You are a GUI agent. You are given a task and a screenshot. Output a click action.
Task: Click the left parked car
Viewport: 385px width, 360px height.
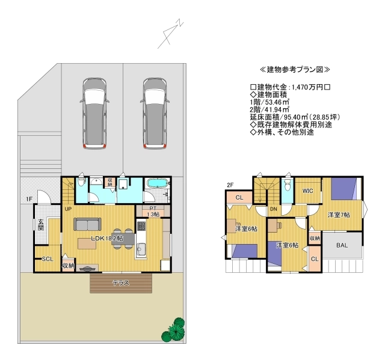[94, 114]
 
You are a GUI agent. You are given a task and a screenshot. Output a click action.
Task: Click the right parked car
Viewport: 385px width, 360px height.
[155, 114]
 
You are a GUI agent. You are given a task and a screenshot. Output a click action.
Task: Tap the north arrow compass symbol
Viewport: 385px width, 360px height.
[170, 35]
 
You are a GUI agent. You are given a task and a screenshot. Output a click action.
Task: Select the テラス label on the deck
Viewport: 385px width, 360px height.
[121, 283]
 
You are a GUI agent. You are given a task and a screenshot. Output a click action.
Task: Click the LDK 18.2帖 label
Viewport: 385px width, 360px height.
[107, 238]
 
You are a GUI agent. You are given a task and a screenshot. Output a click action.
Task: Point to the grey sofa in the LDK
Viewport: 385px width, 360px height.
[87, 224]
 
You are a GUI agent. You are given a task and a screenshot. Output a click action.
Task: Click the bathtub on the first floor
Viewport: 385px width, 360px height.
[158, 183]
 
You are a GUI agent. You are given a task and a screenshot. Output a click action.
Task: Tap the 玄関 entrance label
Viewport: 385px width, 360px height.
[41, 225]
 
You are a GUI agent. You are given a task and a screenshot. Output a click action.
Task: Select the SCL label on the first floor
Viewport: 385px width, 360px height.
[48, 259]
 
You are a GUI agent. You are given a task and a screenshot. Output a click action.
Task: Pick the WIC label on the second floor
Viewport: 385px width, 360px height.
[307, 191]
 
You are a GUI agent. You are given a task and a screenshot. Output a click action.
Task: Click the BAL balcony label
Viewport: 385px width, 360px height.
[342, 245]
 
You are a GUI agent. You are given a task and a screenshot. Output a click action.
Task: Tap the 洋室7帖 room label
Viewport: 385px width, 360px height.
[339, 215]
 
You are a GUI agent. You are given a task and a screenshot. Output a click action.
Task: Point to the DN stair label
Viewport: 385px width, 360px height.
[274, 209]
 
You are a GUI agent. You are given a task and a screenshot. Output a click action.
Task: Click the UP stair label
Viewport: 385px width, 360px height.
[68, 209]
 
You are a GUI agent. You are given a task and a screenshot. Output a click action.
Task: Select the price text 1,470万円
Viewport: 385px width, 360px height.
[308, 87]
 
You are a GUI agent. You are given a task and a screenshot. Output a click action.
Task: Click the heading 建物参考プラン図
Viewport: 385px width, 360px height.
[295, 70]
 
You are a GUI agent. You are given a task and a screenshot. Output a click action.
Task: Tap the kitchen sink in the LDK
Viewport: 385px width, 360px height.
[141, 250]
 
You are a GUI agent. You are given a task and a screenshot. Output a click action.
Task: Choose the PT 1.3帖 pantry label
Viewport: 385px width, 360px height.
[153, 212]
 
